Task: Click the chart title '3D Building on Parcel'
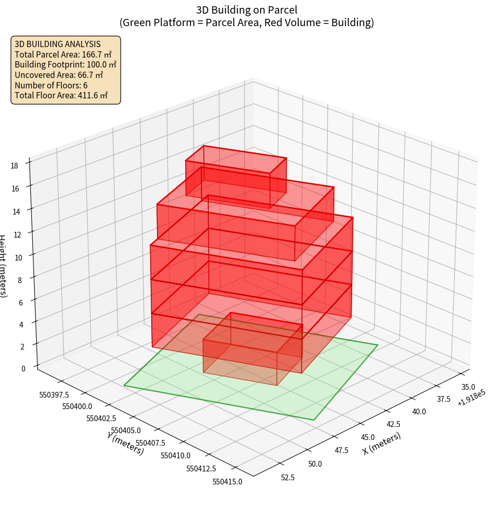[x=246, y=9]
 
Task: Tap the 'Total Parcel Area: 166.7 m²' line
[x=63, y=54]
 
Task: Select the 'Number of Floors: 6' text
[x=51, y=85]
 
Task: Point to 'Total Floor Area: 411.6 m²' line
[x=61, y=96]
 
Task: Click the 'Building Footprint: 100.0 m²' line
[x=65, y=64]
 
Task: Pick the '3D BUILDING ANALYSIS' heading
[x=58, y=44]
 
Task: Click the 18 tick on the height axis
[x=14, y=166]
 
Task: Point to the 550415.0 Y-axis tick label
[x=228, y=482]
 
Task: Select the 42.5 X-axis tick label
[x=394, y=424]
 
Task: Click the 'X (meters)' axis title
[x=382, y=444]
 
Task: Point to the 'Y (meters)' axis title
[x=126, y=443]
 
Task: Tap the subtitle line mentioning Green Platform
[x=246, y=22]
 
